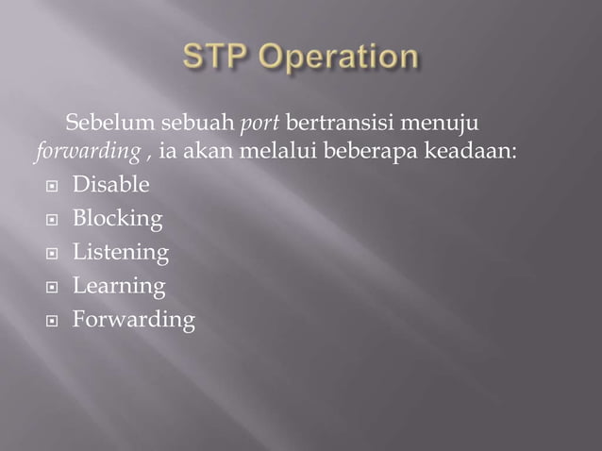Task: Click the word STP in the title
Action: (x=217, y=58)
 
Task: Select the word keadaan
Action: (x=471, y=152)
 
